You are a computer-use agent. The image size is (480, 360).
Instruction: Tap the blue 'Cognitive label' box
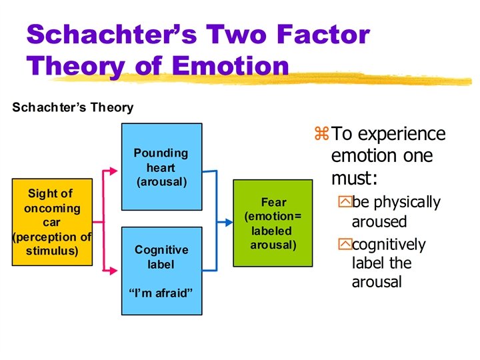pos(161,270)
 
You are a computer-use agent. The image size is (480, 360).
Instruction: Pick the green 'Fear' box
pos(273,222)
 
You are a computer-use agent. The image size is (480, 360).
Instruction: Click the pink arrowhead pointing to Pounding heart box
pos(115,173)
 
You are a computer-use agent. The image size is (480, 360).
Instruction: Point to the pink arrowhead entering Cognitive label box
pos(115,270)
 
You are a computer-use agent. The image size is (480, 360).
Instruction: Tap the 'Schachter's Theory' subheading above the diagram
pos(73,107)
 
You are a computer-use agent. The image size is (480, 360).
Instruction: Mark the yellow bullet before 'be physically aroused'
pos(344,202)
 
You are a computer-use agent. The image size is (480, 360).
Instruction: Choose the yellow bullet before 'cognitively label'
pos(344,245)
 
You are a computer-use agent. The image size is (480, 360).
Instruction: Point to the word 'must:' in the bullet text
pos(353,179)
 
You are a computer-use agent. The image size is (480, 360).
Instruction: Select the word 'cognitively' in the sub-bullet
pos(389,245)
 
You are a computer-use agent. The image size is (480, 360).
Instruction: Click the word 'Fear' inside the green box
pos(273,202)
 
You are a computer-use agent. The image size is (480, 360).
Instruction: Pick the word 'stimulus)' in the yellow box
pos(52,251)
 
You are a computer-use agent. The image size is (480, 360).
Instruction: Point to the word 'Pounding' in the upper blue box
pos(161,153)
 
